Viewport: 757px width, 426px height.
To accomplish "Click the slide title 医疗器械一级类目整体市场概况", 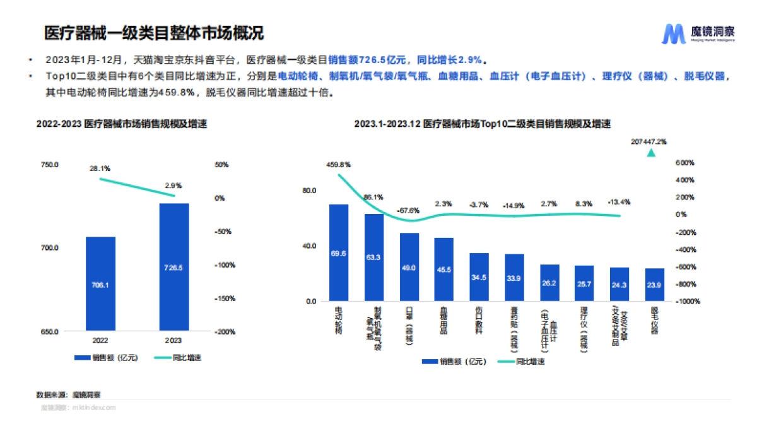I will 153,33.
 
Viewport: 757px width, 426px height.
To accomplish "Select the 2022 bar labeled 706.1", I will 100,284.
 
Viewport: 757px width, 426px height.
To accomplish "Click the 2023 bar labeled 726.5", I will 173,267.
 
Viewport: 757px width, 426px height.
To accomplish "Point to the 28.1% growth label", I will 100,169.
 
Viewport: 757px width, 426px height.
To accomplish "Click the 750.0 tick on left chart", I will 49,165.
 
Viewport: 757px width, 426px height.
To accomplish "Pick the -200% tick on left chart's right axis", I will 225,331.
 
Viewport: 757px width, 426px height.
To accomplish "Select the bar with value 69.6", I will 338,252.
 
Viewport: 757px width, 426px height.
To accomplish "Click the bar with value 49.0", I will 409,267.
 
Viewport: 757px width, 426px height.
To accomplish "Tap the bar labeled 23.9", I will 654,285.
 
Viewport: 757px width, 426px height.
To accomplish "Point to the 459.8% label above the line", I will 338,165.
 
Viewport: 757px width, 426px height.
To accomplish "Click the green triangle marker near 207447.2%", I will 650,153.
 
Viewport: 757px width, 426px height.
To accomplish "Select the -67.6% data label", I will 408,210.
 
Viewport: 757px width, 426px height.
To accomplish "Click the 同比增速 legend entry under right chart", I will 521,362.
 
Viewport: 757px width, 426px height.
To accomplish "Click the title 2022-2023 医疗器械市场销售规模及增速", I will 122,124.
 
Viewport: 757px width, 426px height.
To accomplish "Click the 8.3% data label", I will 584,203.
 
